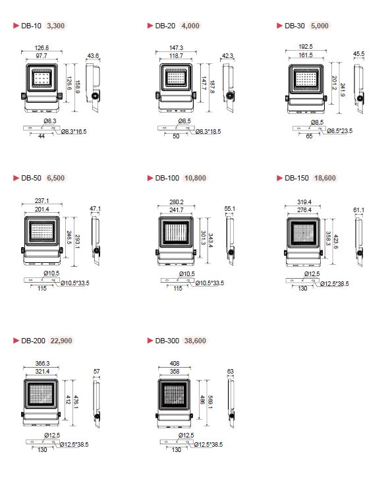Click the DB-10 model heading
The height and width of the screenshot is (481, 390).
[x=31, y=26]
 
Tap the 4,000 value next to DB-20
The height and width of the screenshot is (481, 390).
[x=190, y=26]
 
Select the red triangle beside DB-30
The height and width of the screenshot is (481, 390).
[x=279, y=26]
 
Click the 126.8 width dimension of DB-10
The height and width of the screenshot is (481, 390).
[x=42, y=48]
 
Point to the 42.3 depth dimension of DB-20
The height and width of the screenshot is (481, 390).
[x=227, y=56]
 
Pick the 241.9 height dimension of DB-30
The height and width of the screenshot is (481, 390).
[x=343, y=90]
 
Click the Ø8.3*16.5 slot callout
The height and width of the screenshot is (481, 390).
[x=74, y=132]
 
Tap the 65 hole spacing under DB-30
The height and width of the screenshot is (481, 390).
[x=309, y=136]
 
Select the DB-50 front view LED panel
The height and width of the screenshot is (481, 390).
[x=42, y=231]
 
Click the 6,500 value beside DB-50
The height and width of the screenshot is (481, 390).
[x=56, y=178]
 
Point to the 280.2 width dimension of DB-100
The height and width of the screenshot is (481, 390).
[x=177, y=202]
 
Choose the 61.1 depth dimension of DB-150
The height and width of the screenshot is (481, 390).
[x=358, y=210]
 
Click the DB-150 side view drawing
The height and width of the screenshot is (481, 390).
[x=359, y=241]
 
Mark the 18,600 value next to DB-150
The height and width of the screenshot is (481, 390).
[x=325, y=178]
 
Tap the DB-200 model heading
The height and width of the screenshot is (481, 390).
[x=33, y=341]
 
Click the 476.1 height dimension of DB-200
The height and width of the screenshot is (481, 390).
[x=76, y=401]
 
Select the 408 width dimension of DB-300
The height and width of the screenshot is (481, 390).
[x=175, y=364]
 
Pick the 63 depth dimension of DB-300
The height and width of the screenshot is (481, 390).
[x=231, y=372]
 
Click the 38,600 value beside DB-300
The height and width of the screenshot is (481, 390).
[x=195, y=341]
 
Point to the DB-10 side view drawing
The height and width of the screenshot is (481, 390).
[x=93, y=87]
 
